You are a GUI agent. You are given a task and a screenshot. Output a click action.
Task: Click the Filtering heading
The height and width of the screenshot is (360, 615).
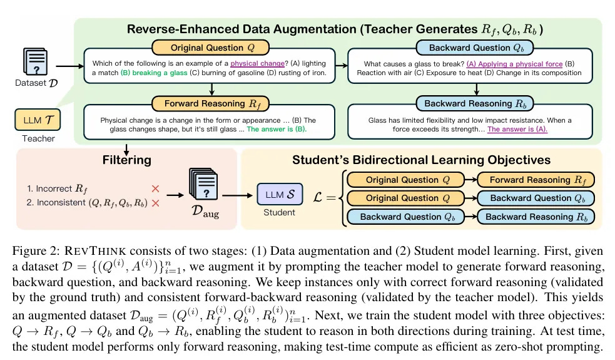127,160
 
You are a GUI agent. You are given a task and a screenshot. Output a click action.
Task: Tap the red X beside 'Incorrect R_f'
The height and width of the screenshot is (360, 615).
155,187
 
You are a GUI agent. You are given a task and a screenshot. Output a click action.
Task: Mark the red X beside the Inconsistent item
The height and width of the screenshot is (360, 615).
155,203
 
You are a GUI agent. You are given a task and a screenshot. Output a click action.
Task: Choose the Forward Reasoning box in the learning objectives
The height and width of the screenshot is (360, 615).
535,180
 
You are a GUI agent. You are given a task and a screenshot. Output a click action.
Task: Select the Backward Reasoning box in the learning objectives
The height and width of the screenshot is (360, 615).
535,217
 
